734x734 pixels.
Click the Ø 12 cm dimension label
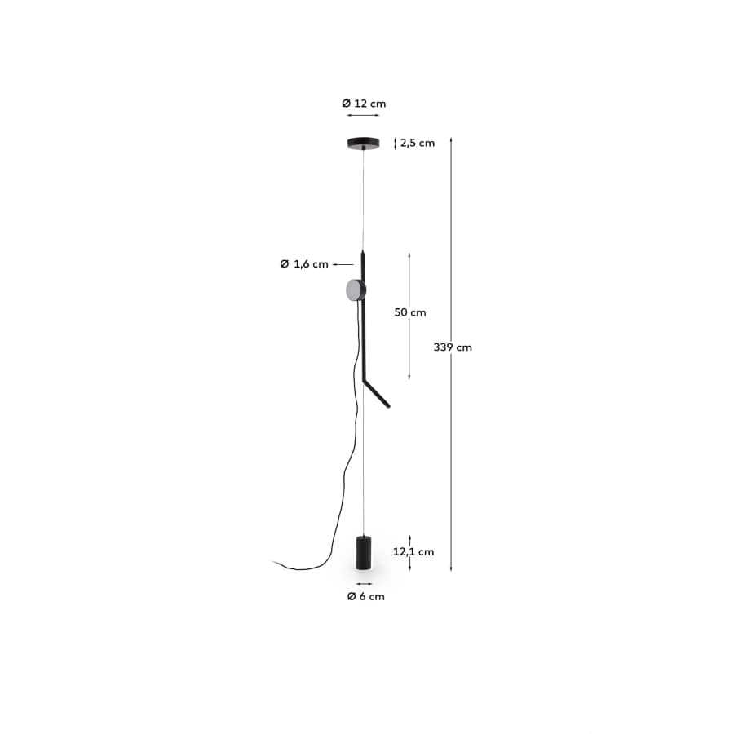(x=364, y=104)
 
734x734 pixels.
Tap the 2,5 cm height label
(x=417, y=143)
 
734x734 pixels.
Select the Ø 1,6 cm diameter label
(x=303, y=263)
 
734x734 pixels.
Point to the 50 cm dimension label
(x=410, y=312)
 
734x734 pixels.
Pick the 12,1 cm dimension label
(x=413, y=551)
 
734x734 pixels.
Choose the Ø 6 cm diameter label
(x=365, y=596)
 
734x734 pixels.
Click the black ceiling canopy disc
(x=364, y=144)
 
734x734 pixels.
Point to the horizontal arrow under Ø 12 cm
(x=364, y=117)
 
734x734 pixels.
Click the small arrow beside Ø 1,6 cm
(x=343, y=264)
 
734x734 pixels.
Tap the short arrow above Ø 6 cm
(x=364, y=584)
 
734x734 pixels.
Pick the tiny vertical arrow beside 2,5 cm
(x=396, y=144)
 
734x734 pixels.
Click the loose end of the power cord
(x=275, y=560)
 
